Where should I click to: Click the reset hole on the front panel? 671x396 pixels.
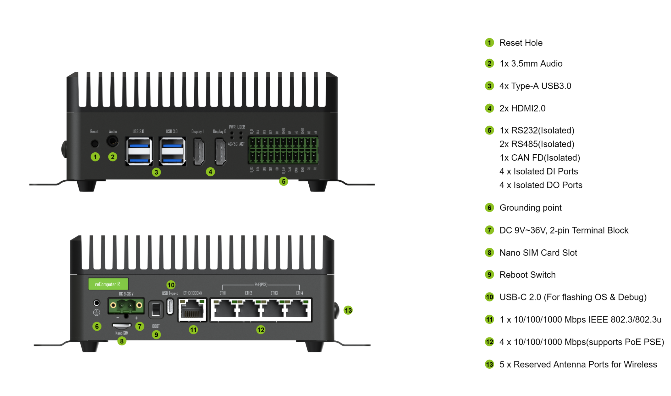[95, 143]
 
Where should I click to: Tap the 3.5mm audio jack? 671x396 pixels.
[112, 141]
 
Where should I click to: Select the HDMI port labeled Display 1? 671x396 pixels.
[199, 151]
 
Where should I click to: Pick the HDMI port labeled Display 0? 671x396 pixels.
[220, 151]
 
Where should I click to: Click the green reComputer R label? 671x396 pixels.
[108, 284]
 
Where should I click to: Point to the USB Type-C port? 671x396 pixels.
[170, 306]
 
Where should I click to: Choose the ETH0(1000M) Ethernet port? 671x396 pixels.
[192, 310]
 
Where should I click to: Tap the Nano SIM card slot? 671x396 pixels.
[122, 325]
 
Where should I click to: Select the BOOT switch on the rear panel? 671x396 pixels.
[156, 310]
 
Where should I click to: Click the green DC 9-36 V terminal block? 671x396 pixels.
[126, 306]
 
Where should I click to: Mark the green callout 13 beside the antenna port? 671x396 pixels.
[348, 310]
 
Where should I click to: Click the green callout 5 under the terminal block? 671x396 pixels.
[284, 181]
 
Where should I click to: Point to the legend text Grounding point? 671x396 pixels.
[530, 208]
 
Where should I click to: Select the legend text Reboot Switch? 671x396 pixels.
[527, 275]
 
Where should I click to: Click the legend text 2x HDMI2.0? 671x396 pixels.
[522, 108]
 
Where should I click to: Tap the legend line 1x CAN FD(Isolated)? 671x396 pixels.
[540, 158]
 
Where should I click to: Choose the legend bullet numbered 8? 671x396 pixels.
[489, 253]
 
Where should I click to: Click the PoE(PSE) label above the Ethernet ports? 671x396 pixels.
[261, 285]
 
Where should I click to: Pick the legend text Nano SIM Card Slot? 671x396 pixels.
[538, 253]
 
